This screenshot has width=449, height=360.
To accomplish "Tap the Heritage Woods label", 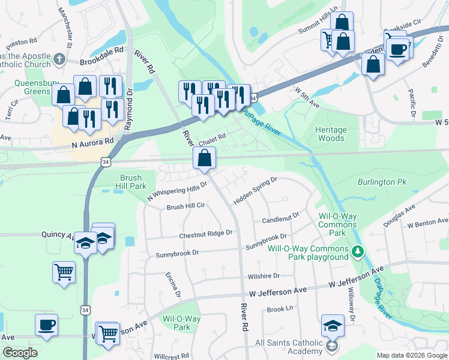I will click(331, 134).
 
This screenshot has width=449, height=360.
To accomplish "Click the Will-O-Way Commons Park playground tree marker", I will click(358, 250).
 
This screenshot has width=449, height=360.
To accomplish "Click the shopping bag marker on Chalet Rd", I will click(204, 158).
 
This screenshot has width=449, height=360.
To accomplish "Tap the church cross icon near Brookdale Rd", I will click(59, 59).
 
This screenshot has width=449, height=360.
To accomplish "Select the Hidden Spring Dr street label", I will click(255, 189).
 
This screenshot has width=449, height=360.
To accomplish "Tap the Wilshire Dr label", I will click(264, 276).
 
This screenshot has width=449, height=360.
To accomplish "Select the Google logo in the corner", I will click(20, 353).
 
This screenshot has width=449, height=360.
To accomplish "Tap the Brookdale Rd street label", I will click(101, 61).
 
